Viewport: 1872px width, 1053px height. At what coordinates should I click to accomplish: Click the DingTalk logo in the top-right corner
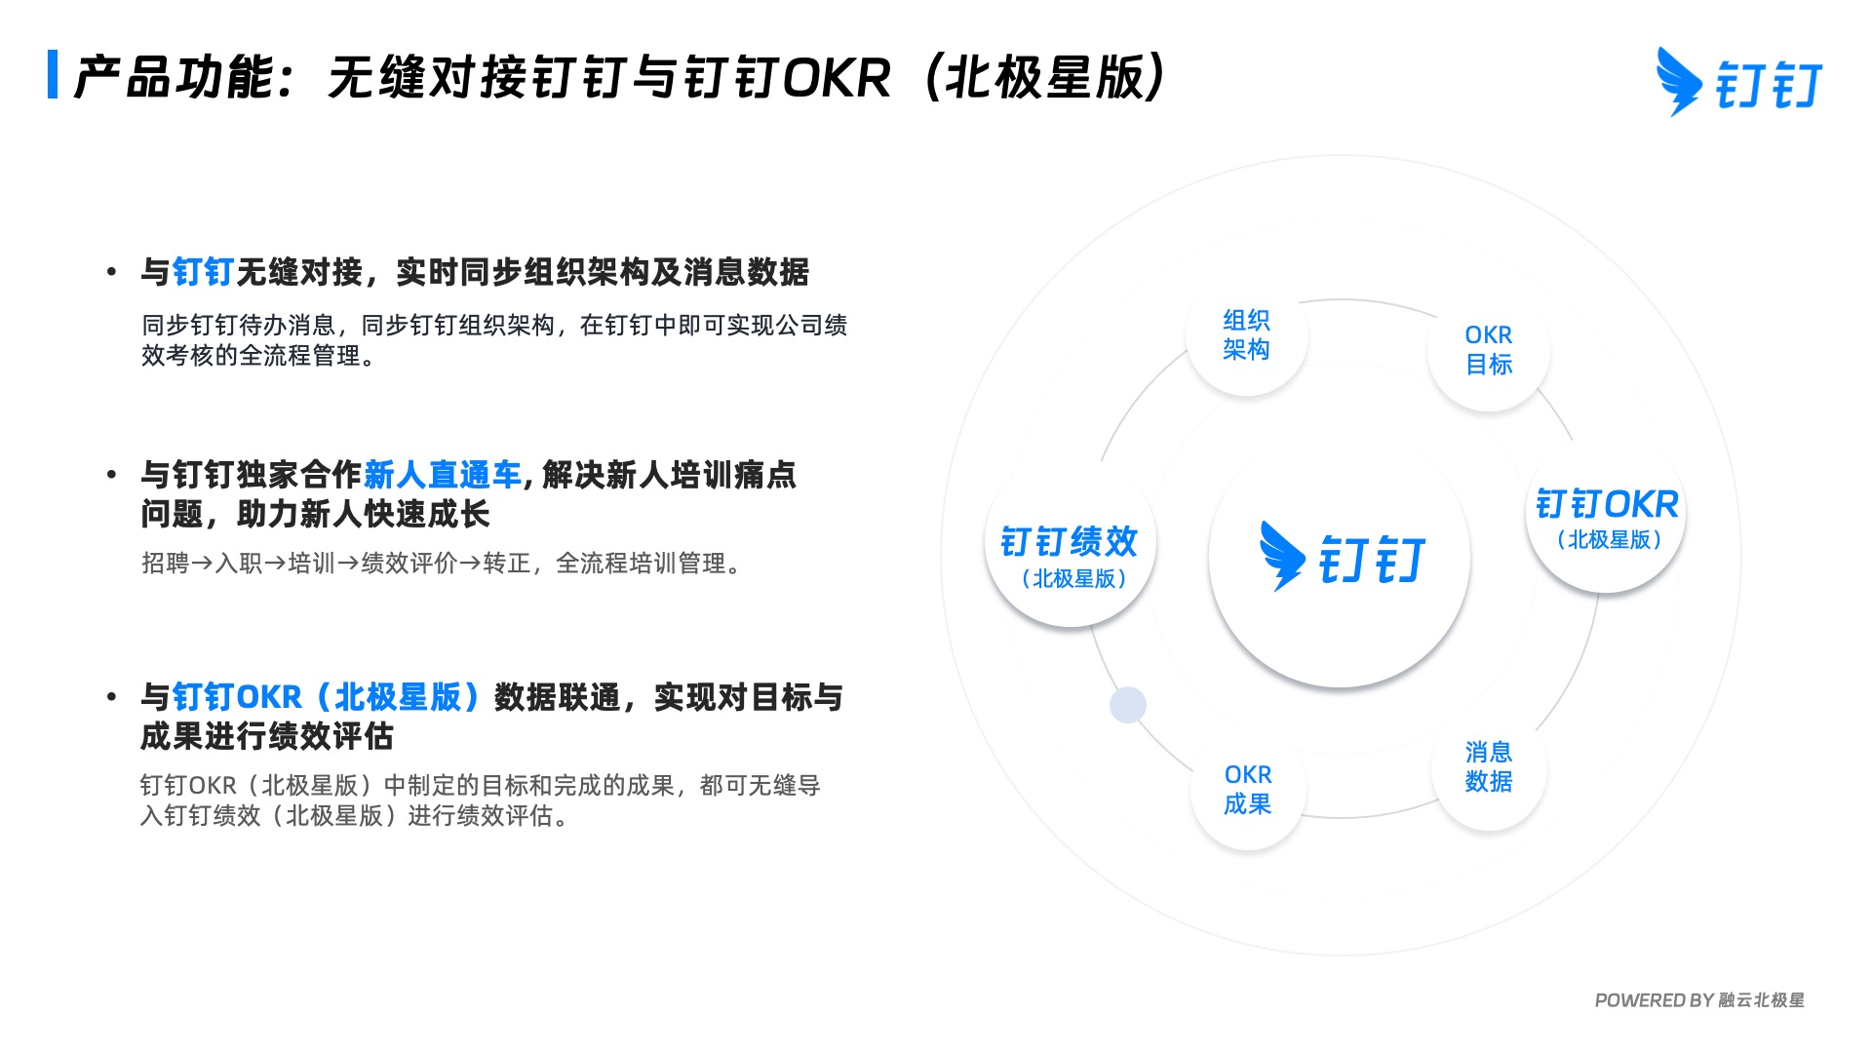pos(1738,83)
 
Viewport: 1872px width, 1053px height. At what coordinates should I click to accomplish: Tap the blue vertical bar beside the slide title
pos(53,75)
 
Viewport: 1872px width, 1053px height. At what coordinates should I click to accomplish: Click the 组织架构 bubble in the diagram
pos(1246,335)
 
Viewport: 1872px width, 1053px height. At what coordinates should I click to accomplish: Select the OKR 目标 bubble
pos(1488,350)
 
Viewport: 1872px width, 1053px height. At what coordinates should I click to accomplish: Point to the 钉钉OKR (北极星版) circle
pos(1606,519)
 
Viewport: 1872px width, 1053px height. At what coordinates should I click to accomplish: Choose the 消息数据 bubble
pos(1488,767)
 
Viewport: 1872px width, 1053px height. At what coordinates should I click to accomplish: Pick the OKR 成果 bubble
pos(1247,790)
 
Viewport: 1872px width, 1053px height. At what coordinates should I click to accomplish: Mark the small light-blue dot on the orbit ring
pos(1128,705)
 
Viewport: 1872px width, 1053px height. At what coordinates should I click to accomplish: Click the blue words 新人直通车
pos(443,475)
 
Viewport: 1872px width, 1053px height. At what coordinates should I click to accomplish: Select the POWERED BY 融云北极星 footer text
pos(1698,1000)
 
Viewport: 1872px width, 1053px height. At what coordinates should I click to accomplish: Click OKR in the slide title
pos(837,78)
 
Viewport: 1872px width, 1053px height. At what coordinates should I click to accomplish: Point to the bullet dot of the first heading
pos(112,272)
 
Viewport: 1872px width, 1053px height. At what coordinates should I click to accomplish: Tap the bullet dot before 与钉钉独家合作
pos(112,475)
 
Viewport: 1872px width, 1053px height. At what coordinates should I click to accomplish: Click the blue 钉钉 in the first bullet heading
pos(203,272)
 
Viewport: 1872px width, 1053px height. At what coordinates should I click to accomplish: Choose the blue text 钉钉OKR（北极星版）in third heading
pos(326,697)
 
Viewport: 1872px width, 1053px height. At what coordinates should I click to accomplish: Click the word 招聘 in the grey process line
pos(165,564)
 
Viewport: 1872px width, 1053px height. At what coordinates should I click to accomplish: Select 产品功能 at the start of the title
pos(174,78)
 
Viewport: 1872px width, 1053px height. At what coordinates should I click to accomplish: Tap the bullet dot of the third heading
pos(112,697)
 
